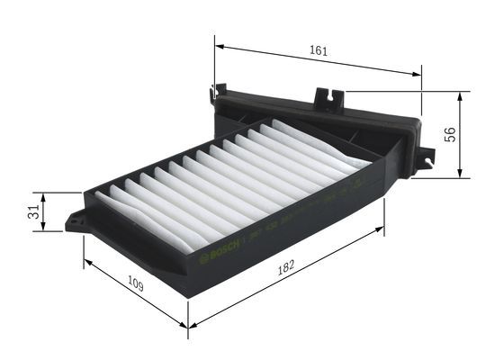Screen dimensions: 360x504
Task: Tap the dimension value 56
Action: point(451,134)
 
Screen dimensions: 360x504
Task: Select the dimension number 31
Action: point(32,212)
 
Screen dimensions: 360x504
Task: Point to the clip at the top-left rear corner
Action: point(215,92)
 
